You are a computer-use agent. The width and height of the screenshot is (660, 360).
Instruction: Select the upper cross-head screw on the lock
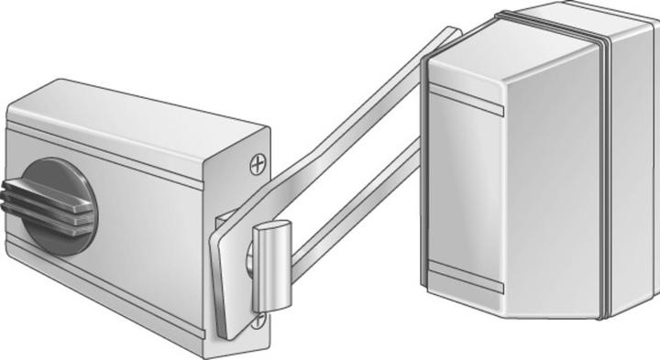click(260, 165)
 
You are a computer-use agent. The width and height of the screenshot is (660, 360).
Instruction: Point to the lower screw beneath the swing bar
click(259, 321)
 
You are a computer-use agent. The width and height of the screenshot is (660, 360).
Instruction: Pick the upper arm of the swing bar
click(357, 128)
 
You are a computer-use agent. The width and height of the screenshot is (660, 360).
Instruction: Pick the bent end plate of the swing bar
click(229, 275)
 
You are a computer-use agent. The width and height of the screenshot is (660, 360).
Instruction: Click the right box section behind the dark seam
click(632, 165)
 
